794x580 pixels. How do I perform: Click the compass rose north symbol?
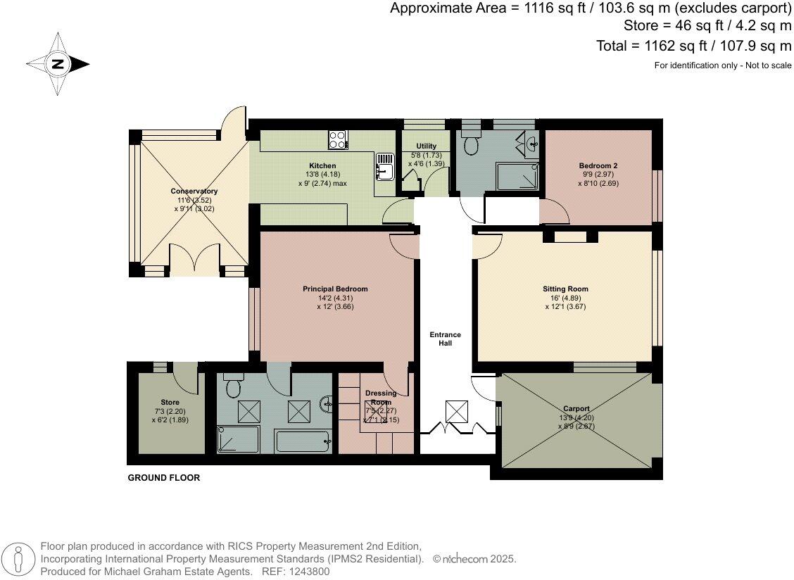pyautogui.click(x=58, y=64)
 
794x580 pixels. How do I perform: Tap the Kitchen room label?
pyautogui.click(x=322, y=165)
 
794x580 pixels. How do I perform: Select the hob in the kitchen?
pyautogui.click(x=338, y=140)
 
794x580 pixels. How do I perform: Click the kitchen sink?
pyautogui.click(x=385, y=166)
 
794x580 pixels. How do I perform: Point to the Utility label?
pyautogui.click(x=426, y=146)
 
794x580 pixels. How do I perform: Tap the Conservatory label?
pyautogui.click(x=194, y=191)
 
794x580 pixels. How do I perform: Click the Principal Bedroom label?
pyautogui.click(x=335, y=289)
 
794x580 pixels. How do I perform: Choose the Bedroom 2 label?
pyautogui.click(x=598, y=165)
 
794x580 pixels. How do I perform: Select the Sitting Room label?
pyautogui.click(x=566, y=289)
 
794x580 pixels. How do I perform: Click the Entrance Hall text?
pyautogui.click(x=445, y=339)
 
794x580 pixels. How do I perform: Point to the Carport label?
pyautogui.click(x=576, y=408)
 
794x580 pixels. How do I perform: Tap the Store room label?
pyautogui.click(x=170, y=402)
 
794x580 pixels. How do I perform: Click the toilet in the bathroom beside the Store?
pyautogui.click(x=234, y=386)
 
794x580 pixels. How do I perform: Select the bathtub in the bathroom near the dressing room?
pyautogui.click(x=303, y=441)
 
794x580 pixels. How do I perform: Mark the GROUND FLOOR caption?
pyautogui.click(x=163, y=478)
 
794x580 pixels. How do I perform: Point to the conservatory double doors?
pyautogui.click(x=195, y=260)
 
